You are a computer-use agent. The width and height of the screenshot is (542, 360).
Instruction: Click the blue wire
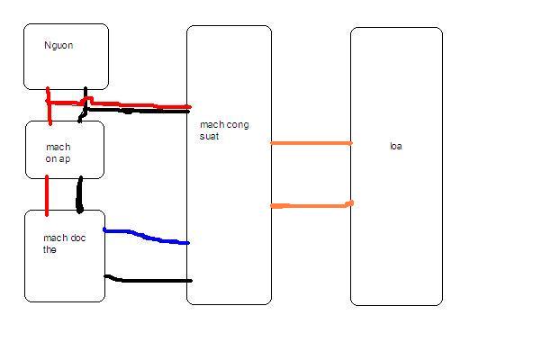pyautogui.click(x=145, y=237)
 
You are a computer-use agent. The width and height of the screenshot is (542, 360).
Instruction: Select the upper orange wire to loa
pyautogui.click(x=312, y=143)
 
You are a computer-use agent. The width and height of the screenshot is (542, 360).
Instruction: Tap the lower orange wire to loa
pyautogui.click(x=312, y=206)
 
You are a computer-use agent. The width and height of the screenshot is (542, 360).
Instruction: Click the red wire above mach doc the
pyautogui.click(x=47, y=195)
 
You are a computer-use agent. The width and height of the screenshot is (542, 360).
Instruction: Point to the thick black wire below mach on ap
pyautogui.click(x=79, y=194)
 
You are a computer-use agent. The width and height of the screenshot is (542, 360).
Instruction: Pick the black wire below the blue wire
pyautogui.click(x=149, y=280)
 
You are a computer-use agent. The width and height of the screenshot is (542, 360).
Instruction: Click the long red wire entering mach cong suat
pyautogui.click(x=139, y=104)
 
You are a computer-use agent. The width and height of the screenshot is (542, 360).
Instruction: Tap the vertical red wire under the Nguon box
pyautogui.click(x=49, y=105)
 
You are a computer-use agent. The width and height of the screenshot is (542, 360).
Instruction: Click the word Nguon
pyautogui.click(x=59, y=45)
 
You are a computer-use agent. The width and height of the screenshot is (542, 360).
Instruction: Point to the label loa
pyautogui.click(x=396, y=146)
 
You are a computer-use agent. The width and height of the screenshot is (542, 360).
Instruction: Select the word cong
pyautogui.click(x=237, y=125)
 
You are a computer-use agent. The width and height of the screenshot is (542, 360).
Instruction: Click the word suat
pyautogui.click(x=209, y=136)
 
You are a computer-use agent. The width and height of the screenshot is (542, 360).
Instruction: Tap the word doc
pyautogui.click(x=78, y=238)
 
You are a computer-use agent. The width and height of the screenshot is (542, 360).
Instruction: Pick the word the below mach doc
pyautogui.click(x=50, y=249)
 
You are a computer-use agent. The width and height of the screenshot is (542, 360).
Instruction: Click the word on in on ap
pyautogui.click(x=50, y=159)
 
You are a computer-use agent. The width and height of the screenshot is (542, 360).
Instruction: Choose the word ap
pyautogui.click(x=65, y=159)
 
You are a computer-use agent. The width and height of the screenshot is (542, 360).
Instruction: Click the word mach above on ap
pyautogui.click(x=59, y=147)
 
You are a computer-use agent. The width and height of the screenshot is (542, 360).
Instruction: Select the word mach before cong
pyautogui.click(x=212, y=124)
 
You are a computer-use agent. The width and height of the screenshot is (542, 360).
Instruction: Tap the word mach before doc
pyautogui.click(x=56, y=238)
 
